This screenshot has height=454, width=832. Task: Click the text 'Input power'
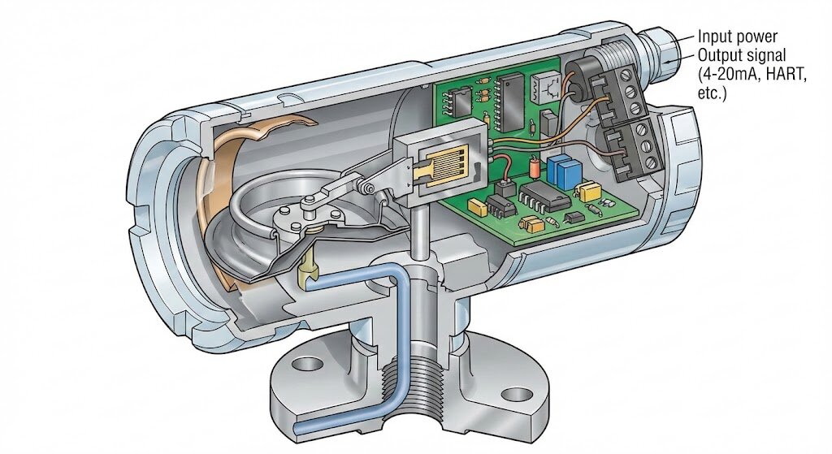(737, 37)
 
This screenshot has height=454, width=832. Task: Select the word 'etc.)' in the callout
(712, 93)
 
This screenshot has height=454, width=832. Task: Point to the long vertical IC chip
(512, 103)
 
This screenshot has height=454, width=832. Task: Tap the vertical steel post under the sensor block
(420, 232)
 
